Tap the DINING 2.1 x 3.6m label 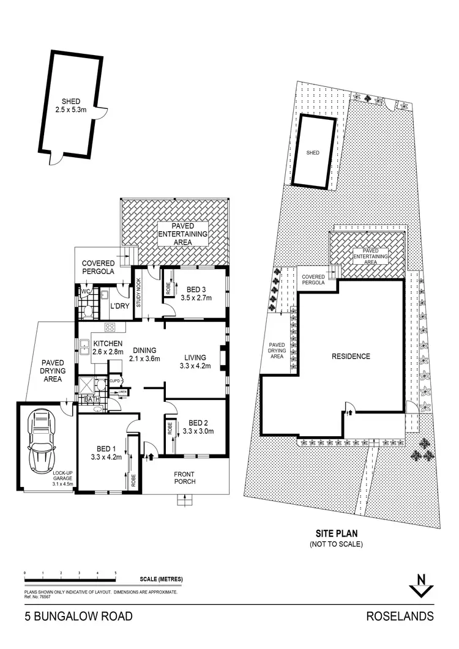pos(144,354)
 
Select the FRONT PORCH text pos(184,477)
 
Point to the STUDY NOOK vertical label pos(139,293)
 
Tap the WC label pos(85,292)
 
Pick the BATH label pos(92,399)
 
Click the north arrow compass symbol pos(419,585)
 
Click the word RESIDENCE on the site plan pos(351,356)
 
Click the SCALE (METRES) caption pos(161,579)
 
